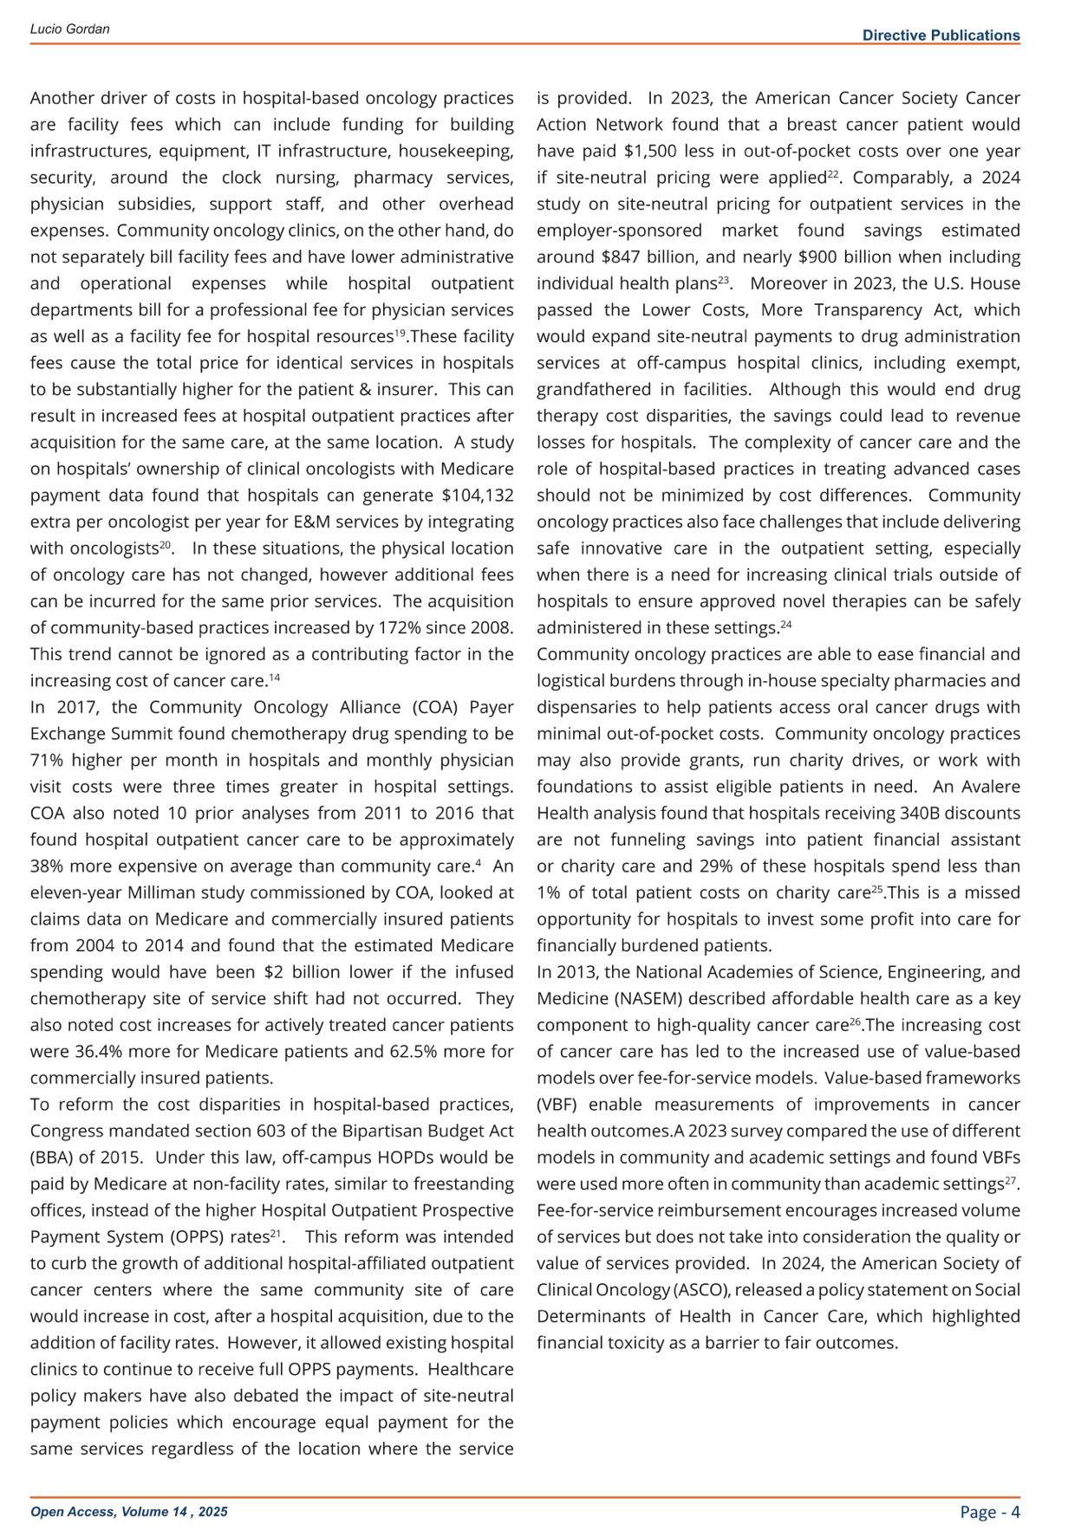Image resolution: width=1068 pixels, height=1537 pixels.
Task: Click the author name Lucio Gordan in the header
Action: (x=69, y=29)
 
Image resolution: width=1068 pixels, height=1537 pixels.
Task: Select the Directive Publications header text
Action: (x=941, y=36)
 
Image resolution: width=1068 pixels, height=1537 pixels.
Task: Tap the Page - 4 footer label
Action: (x=990, y=1512)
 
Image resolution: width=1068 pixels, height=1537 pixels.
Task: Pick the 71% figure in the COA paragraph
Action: (x=48, y=761)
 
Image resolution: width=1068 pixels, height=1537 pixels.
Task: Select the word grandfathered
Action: (x=588, y=390)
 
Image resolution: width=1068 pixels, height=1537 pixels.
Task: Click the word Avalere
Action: (x=987, y=788)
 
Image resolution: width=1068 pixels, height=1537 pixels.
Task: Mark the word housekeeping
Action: (x=461, y=152)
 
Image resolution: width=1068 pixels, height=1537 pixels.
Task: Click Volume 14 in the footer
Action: (x=154, y=1512)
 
